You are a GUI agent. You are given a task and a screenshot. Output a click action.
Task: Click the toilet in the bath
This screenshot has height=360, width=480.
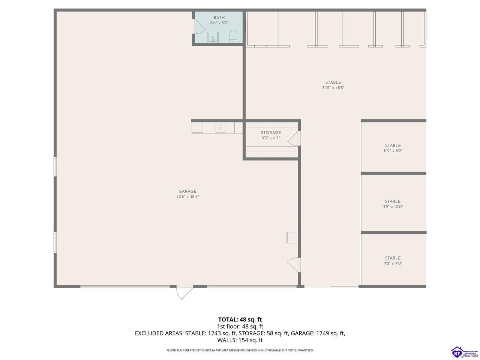[233, 36]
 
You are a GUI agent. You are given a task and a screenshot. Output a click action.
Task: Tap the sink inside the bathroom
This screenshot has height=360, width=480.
[213, 37]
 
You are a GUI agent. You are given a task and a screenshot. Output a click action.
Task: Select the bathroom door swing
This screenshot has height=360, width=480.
[198, 27]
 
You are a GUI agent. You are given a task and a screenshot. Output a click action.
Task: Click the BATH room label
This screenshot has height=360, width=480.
[219, 18]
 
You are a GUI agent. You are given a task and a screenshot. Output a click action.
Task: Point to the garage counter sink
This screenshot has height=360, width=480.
[220, 128]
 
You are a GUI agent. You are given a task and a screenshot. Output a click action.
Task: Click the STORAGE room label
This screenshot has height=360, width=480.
[271, 133]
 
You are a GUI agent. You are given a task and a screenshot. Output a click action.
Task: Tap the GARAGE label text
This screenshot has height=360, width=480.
[187, 191]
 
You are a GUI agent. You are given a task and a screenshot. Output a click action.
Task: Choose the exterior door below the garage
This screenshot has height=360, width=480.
[185, 292]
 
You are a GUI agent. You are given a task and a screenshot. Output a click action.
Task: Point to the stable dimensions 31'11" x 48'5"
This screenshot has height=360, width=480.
[333, 88]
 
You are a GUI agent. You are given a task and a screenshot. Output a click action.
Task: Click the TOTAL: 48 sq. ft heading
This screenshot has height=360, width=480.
[240, 319]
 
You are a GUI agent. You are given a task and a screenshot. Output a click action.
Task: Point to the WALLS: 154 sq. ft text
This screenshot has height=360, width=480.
[240, 340]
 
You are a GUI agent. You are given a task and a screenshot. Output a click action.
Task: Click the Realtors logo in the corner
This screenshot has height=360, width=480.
[465, 352]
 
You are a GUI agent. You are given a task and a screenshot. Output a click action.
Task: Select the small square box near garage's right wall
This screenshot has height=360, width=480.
[292, 237]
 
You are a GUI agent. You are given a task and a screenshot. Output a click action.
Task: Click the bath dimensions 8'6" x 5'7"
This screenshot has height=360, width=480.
[219, 23]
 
